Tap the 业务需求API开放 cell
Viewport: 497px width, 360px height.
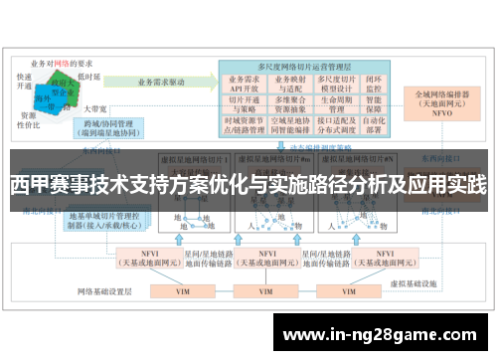[245, 82]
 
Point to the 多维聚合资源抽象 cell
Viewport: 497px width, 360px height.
[288, 103]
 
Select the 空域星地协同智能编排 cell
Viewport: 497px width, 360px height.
[288, 125]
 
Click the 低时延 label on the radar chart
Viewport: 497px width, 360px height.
[88, 77]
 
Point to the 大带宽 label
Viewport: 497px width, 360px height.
[94, 107]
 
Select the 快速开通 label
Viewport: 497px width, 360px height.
[27, 80]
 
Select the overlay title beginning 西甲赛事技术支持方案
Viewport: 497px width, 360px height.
[248, 184]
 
